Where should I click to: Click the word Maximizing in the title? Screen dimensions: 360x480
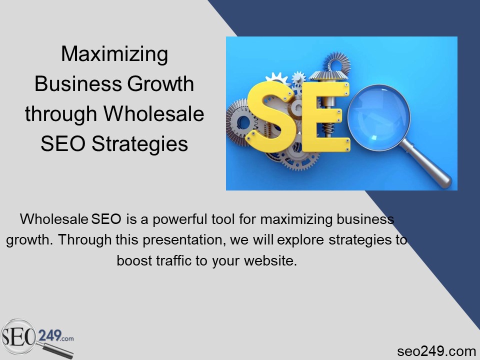coord(114,54)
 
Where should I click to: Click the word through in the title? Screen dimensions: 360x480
coord(61,114)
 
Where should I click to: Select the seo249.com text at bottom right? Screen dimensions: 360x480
coord(436,351)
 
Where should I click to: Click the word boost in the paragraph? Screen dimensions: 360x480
coord(133,261)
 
